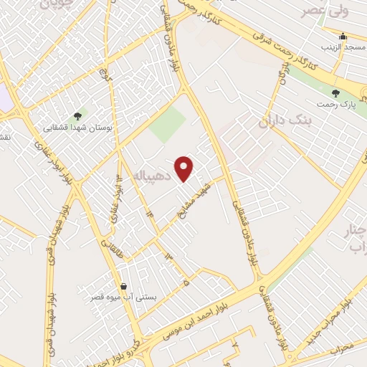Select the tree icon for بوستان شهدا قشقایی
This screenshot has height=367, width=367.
pos(77,116)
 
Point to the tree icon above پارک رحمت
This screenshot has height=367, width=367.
pos(335,92)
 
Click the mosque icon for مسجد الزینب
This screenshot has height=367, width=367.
pos(343,36)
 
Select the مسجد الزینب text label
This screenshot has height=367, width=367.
pos(343,47)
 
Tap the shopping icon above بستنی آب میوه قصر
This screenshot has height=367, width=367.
pos(124,285)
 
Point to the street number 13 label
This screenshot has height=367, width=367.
pos(168,256)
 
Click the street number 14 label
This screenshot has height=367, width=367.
pos(149,213)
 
